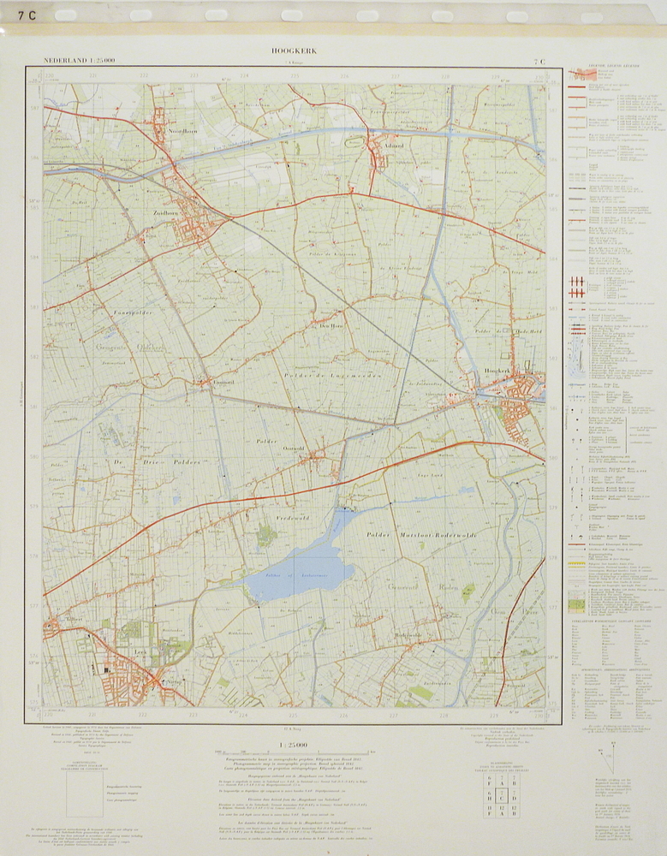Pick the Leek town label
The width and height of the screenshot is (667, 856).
[x=142, y=651]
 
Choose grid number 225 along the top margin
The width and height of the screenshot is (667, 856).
[x=294, y=76]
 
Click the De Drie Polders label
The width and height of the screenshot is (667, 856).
[x=154, y=462]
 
